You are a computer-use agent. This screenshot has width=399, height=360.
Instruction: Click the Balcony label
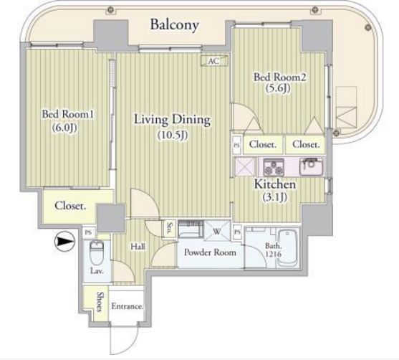click(174, 25)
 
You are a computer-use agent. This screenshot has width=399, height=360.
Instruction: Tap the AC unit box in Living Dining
click(214, 61)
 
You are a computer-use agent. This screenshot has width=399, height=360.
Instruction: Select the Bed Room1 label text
click(68, 114)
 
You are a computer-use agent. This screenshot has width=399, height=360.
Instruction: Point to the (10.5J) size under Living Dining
click(173, 135)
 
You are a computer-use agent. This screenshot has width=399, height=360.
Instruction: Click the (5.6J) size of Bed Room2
click(278, 88)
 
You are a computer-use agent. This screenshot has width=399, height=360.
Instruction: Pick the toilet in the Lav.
click(97, 252)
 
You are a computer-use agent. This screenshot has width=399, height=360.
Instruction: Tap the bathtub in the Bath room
click(287, 248)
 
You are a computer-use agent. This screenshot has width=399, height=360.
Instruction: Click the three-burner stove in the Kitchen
click(274, 167)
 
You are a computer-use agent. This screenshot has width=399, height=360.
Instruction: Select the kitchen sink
click(311, 166)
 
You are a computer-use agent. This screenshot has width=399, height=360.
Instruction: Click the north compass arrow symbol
click(65, 241)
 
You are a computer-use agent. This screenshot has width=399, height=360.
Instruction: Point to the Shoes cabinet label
click(100, 302)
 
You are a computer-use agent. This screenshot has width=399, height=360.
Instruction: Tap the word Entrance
click(127, 306)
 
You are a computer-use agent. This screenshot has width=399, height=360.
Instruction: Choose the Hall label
click(138, 247)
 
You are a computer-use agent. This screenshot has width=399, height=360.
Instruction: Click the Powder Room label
click(210, 252)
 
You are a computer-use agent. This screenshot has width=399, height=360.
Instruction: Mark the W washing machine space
click(217, 231)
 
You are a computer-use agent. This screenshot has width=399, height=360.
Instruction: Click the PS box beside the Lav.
click(88, 233)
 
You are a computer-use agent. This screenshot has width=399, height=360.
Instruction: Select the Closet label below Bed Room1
click(70, 206)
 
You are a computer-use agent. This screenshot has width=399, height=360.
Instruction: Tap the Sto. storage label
click(169, 229)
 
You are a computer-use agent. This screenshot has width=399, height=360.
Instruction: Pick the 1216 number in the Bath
click(274, 254)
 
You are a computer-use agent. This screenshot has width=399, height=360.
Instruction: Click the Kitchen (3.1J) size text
click(274, 197)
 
